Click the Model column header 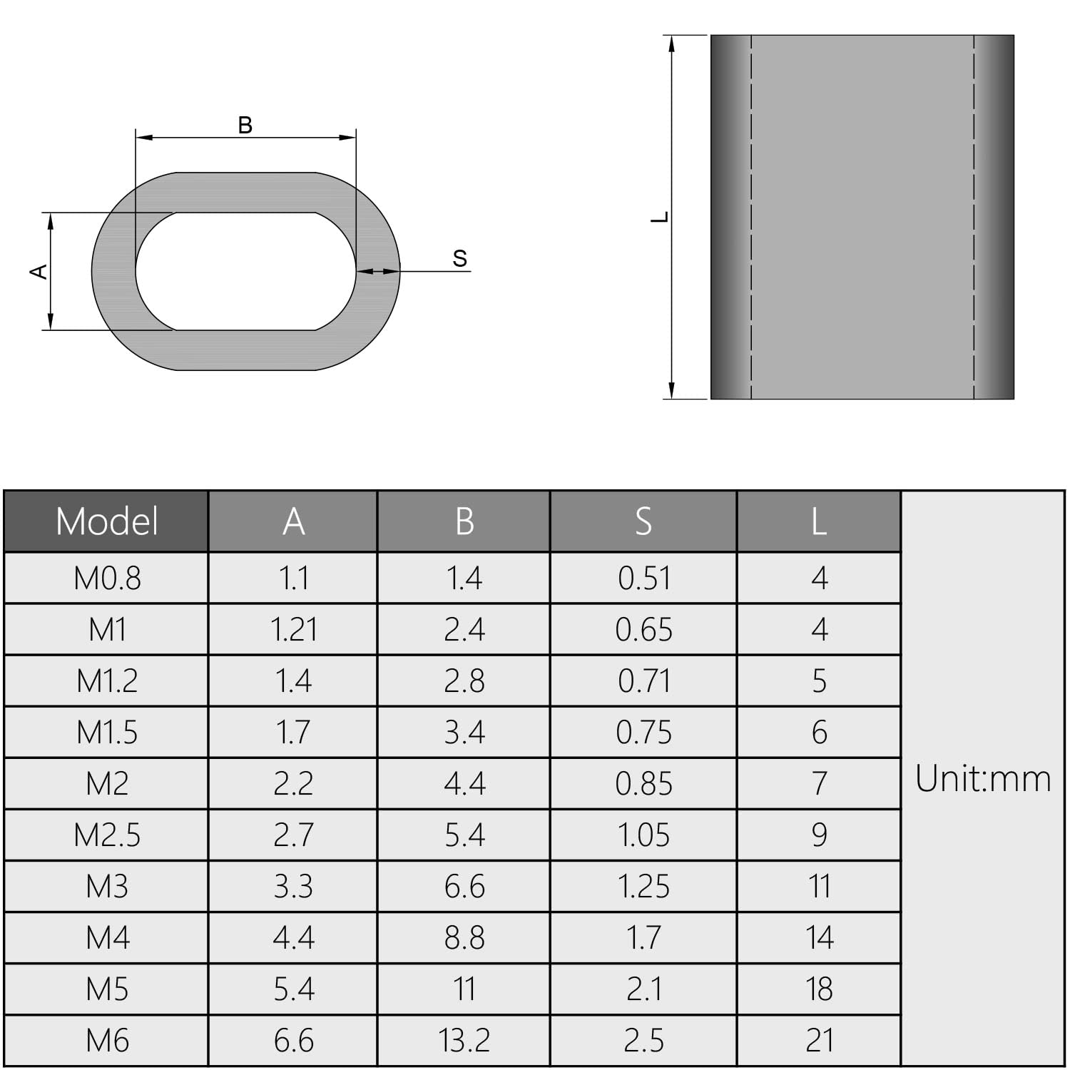click(x=107, y=521)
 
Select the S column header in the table click(x=643, y=521)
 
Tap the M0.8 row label click(x=107, y=579)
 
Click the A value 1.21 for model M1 click(x=293, y=630)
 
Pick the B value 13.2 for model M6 click(x=464, y=1041)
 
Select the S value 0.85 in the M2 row click(x=643, y=784)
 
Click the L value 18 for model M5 click(x=819, y=989)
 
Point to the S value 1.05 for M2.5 click(x=643, y=835)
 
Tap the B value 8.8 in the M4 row click(x=464, y=938)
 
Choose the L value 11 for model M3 click(x=819, y=887)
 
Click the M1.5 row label click(x=107, y=733)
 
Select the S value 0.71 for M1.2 click(x=643, y=681)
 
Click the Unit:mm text click(x=983, y=779)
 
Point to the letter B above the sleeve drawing click(x=245, y=126)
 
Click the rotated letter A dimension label click(x=39, y=272)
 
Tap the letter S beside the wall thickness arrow click(x=460, y=259)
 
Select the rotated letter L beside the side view click(x=660, y=217)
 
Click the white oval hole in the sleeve click(x=246, y=272)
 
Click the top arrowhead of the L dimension click(x=671, y=43)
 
